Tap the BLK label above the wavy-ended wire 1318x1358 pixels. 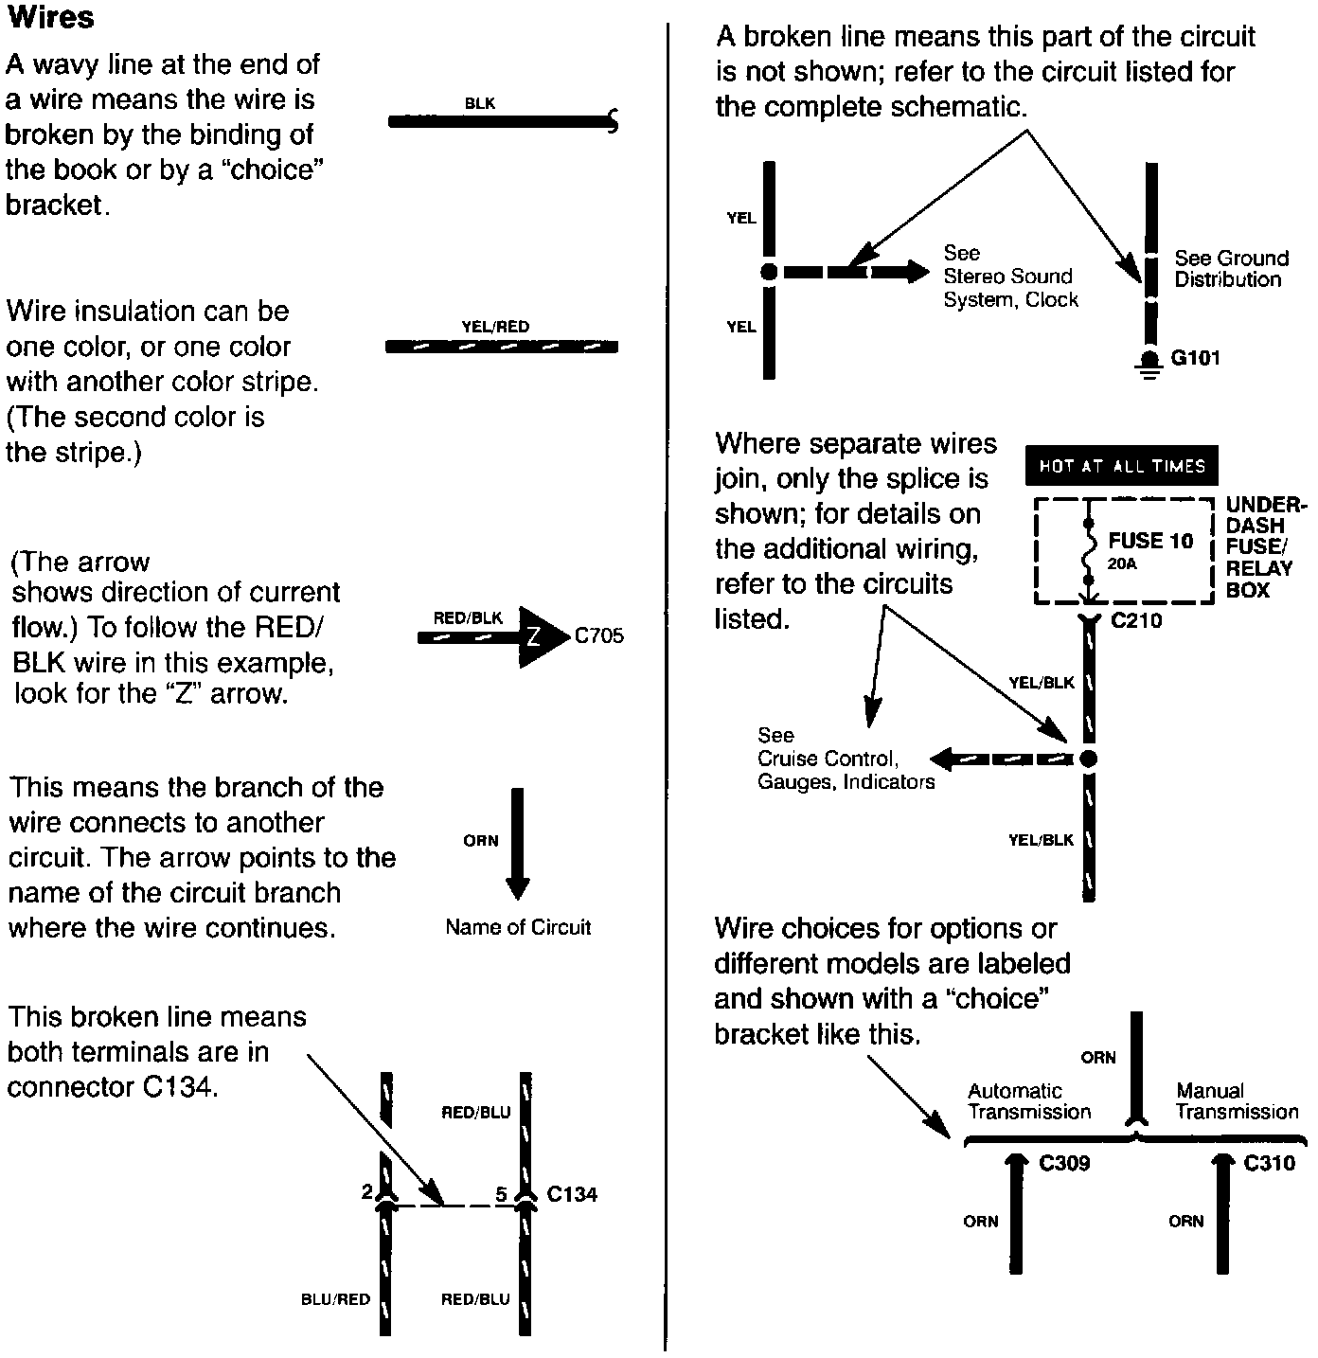(480, 103)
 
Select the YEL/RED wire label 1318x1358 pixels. (495, 327)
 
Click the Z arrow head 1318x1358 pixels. (541, 637)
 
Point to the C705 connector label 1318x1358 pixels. (599, 636)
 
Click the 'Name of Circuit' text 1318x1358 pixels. (518, 928)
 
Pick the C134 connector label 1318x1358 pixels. (572, 1194)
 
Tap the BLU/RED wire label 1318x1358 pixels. (335, 1299)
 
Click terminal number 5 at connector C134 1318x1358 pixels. (502, 1194)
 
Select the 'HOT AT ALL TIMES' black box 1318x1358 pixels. (1121, 466)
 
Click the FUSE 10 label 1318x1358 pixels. (1150, 541)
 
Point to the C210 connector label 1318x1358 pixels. (1136, 621)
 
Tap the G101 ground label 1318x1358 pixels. (1196, 358)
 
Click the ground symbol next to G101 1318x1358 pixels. (1150, 366)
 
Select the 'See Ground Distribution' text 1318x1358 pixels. (1231, 269)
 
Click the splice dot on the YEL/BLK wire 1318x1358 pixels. (1088, 759)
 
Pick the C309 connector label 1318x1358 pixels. (1064, 1163)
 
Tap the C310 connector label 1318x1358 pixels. (1269, 1163)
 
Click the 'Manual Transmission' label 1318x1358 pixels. (1237, 1101)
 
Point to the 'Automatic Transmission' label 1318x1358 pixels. (1029, 1101)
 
